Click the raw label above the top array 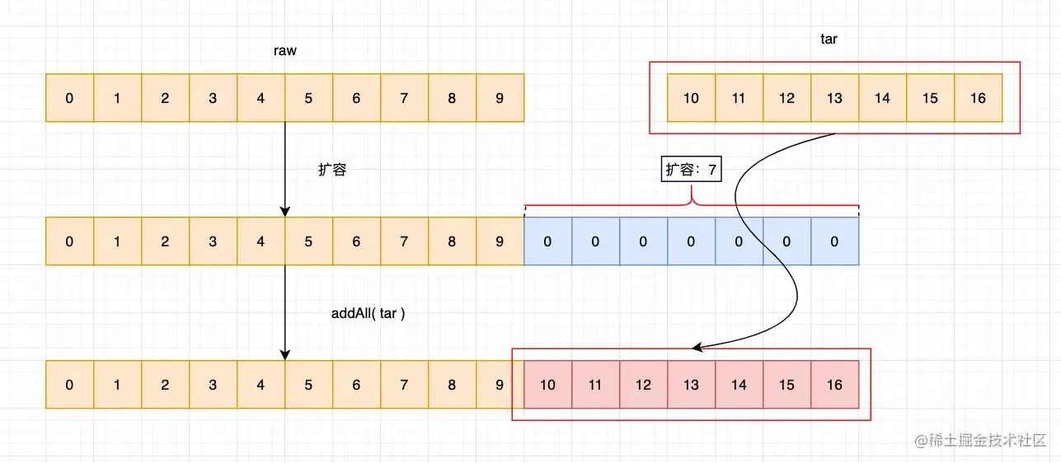(x=284, y=51)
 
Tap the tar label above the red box (x=829, y=39)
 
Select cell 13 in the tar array (x=834, y=98)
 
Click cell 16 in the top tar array (x=978, y=98)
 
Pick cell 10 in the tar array (x=691, y=98)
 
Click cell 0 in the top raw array (x=69, y=98)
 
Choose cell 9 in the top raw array (x=500, y=98)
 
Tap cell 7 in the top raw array (x=404, y=98)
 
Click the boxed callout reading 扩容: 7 (x=691, y=170)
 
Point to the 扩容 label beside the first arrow (x=332, y=170)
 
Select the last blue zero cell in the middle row (x=834, y=241)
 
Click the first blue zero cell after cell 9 (x=547, y=241)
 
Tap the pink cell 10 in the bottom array (x=547, y=385)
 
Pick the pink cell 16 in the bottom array (x=834, y=385)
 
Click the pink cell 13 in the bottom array (x=691, y=385)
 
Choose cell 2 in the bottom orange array (x=165, y=385)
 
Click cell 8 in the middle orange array (x=452, y=241)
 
